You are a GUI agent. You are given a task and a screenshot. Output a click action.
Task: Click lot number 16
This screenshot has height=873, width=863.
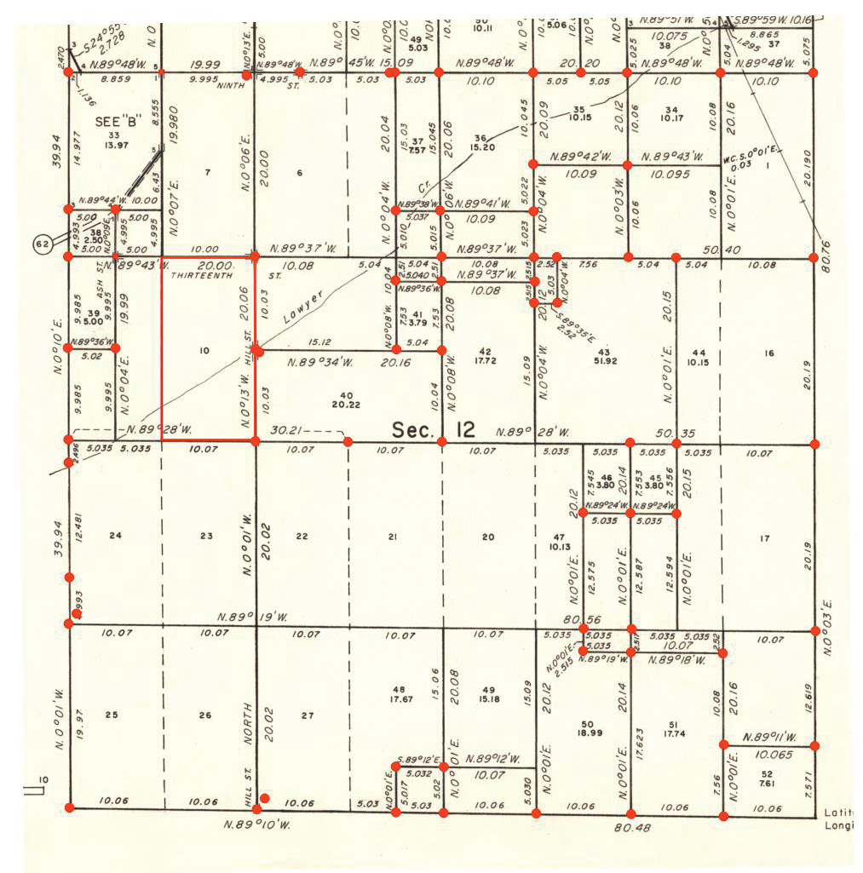(769, 353)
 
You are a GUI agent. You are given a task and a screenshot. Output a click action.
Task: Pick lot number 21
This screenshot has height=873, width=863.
(393, 537)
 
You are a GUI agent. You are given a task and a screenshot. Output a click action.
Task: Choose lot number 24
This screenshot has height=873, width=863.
(116, 536)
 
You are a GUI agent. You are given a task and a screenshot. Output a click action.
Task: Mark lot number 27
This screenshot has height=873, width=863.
(308, 715)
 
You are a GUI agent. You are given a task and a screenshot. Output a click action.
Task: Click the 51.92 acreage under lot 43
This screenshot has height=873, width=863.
(605, 363)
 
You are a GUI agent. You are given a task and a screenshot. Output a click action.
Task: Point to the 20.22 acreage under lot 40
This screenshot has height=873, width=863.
(345, 405)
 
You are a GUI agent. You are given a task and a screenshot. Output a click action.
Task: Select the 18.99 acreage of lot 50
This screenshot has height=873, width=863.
(588, 733)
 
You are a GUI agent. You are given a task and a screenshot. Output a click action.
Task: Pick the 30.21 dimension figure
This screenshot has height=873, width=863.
(286, 431)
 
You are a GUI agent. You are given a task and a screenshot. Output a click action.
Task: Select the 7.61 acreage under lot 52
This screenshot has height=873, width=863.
(766, 784)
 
